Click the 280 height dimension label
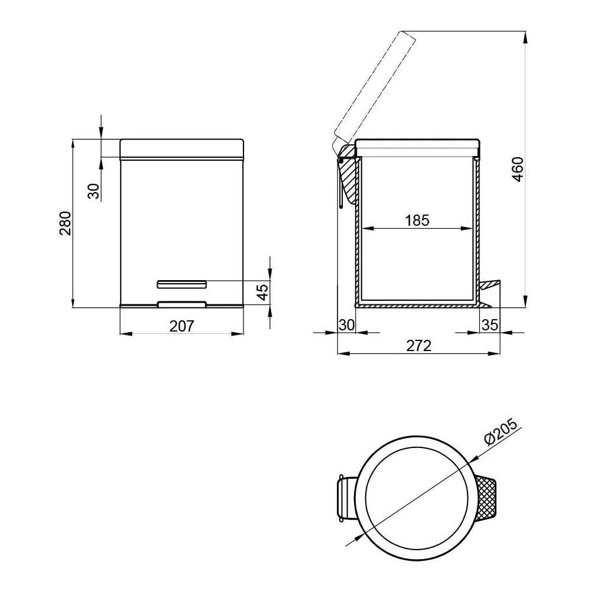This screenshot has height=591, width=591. point(65,223)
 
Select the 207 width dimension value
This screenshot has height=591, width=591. point(181,326)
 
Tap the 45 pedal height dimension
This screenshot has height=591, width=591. point(262,292)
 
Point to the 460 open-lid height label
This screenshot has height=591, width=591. point(518,169)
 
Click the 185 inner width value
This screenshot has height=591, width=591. point(417,220)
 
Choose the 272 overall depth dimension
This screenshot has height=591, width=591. point(419,346)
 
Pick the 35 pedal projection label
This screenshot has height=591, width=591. point(490,325)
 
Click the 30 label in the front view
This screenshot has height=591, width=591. point(93,191)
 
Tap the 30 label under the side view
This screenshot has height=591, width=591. point(346,325)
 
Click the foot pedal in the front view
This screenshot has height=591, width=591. point(181,284)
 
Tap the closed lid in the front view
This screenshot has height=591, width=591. point(181,148)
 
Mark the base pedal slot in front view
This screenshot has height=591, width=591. point(181,304)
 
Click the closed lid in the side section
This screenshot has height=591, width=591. point(417,147)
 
